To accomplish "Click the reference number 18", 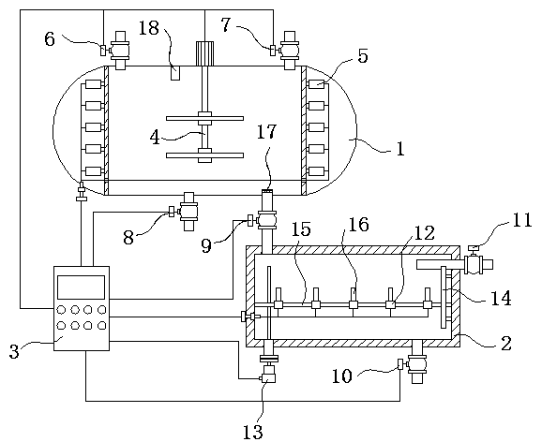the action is (149, 28).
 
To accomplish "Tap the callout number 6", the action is (50, 39).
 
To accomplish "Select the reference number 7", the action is (226, 25).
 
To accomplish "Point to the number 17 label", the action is (267, 131).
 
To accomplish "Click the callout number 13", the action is (253, 432).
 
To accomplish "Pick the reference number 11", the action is (522, 220).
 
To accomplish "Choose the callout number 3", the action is (14, 351).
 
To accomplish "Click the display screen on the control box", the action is (81, 287).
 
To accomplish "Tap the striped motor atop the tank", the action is (204, 53).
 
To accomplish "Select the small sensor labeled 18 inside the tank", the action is (175, 73).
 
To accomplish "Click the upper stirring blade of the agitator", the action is (204, 118).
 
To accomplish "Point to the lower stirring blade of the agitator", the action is (204, 155).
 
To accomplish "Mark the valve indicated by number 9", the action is (265, 220).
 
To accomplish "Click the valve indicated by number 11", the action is (477, 264).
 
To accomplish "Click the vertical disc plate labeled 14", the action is (444, 297).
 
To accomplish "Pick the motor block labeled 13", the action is (268, 375).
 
